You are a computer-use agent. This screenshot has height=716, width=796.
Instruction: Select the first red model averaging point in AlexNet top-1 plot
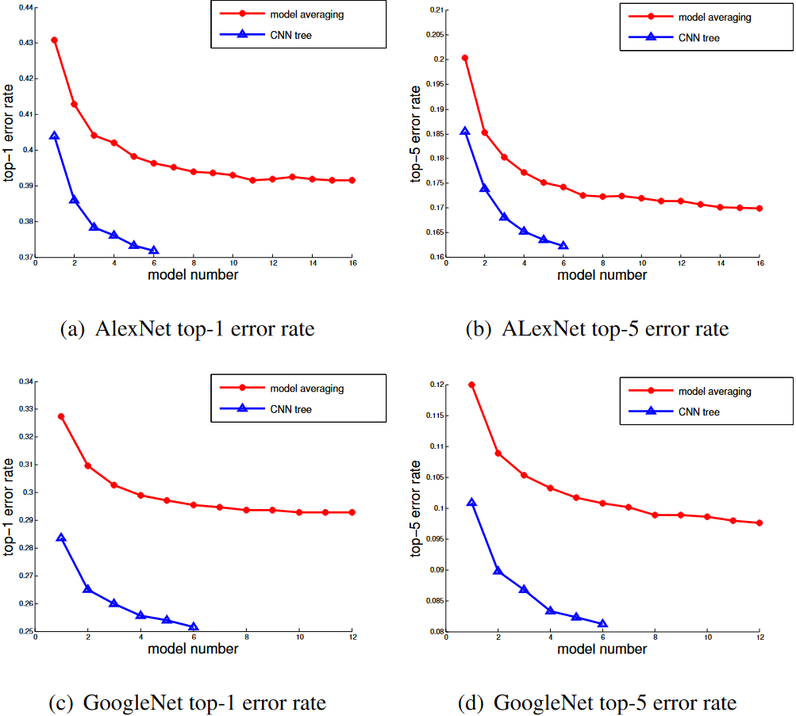coord(55,40)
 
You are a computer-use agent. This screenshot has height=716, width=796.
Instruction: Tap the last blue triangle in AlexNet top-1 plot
coord(153,251)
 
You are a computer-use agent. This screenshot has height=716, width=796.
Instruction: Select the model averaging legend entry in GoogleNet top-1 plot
coord(306,389)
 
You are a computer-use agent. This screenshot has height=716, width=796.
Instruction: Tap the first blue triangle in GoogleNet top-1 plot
coord(61,538)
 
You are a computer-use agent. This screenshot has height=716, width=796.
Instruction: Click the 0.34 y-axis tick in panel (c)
coord(24,382)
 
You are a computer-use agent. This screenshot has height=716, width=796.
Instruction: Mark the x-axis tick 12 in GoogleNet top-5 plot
coord(759,637)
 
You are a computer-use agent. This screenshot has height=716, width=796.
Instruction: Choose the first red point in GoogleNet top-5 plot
coord(471,385)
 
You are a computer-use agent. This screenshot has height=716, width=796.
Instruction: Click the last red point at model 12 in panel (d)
coord(759,523)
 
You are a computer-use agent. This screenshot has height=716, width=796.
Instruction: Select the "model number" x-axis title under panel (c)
coord(193,649)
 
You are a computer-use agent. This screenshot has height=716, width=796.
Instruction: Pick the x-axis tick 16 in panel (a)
coord(352,262)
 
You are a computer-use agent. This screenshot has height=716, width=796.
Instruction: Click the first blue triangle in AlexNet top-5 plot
coord(465,131)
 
